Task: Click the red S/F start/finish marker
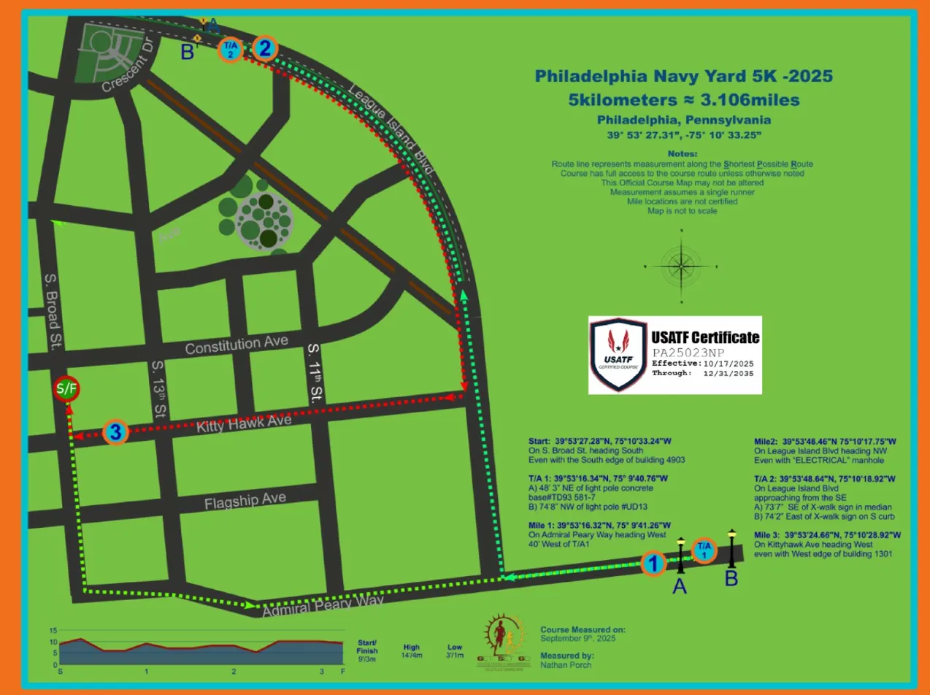[x=66, y=388]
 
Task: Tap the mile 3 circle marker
[x=115, y=432]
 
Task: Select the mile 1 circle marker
[x=654, y=564]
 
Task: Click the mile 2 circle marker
[x=264, y=49]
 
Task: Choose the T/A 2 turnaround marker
[x=231, y=50]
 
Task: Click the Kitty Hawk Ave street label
[x=245, y=424]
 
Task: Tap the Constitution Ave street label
[x=237, y=344]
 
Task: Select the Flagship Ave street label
[x=245, y=503]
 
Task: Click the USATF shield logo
[x=618, y=355]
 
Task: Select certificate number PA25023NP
[x=685, y=352]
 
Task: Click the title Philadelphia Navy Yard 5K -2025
[x=683, y=76]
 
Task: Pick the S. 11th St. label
[x=315, y=373]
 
